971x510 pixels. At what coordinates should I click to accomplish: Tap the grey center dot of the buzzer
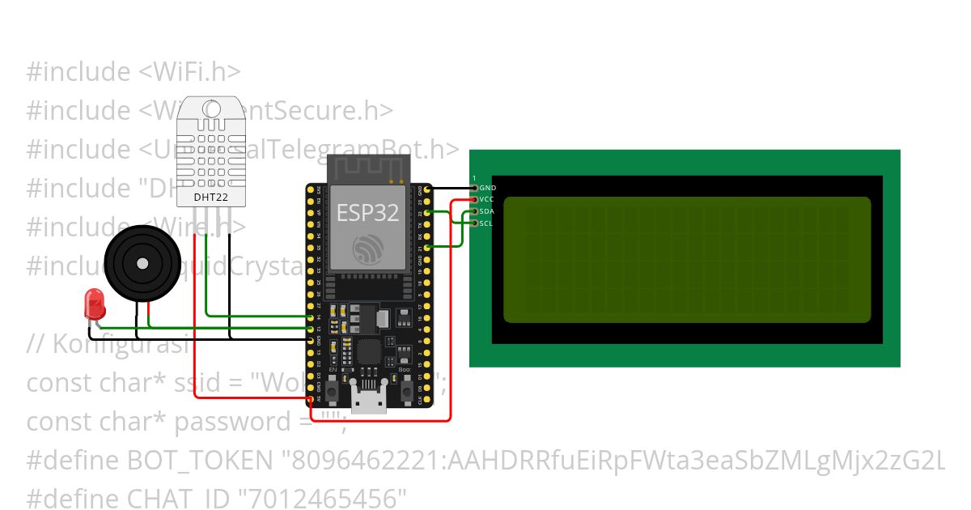point(142,263)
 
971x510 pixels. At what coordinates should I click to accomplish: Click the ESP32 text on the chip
point(368,212)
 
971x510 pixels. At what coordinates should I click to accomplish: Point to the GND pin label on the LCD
point(487,188)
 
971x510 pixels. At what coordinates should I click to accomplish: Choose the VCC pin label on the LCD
point(486,199)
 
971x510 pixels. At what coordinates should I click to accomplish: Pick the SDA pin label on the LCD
point(486,211)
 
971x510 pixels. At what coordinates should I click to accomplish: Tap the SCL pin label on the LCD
point(485,223)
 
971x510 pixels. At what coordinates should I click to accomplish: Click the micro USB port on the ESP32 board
point(368,402)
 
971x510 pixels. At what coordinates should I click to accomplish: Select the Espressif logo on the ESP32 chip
point(368,248)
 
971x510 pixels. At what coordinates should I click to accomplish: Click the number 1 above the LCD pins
point(474,178)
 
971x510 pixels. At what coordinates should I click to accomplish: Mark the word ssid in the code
point(194,383)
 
